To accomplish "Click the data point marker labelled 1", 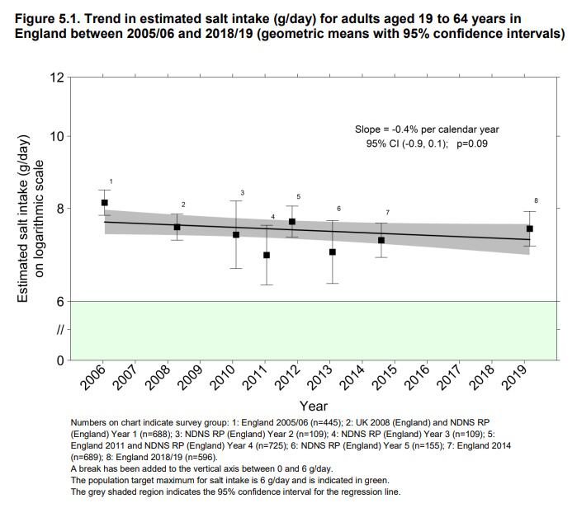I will pos(105,203).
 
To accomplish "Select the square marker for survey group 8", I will pos(530,228).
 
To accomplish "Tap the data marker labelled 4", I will pos(267,255).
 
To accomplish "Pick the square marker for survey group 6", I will pos(333,252).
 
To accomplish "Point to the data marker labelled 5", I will pos(292,222).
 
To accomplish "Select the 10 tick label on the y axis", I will pos(57,136).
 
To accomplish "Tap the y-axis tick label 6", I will pos(60,302).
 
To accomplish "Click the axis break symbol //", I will pos(59,331).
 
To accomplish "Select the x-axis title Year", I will pos(314,406).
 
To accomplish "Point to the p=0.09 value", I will pos(473,143).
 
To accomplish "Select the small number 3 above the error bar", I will pos(242,193).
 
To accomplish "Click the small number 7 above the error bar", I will pos(387,213).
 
